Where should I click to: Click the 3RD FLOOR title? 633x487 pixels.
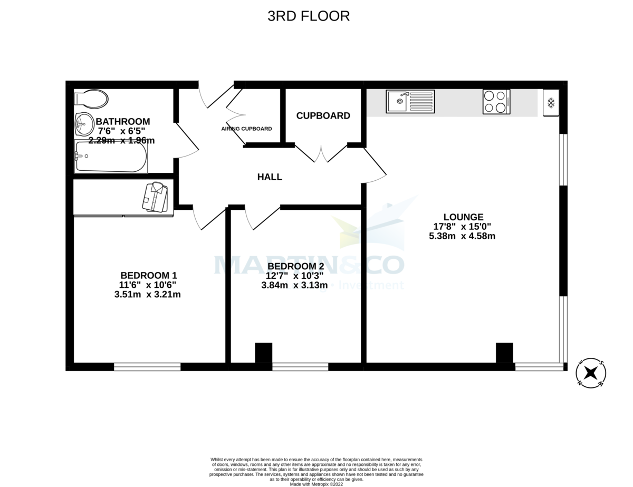click(309, 16)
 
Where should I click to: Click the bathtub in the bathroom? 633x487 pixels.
click(111, 157)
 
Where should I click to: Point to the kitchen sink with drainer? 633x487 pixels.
click(410, 101)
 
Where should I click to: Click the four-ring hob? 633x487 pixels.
click(496, 102)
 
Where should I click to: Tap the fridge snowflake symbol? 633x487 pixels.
click(551, 103)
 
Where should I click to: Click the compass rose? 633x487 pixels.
click(591, 373)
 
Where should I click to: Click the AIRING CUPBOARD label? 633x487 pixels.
click(246, 129)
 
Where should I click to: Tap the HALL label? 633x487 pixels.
click(270, 177)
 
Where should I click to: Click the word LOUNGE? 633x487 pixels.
click(463, 217)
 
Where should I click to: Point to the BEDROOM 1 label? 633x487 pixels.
click(148, 275)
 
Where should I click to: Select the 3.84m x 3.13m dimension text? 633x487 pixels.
click(294, 285)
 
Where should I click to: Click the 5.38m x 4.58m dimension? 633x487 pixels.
click(462, 236)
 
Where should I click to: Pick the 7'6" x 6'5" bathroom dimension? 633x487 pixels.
click(120, 131)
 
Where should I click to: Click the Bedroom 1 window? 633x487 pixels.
click(147, 367)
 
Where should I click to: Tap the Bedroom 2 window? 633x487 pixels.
click(300, 367)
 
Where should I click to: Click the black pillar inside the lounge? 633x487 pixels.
click(504, 353)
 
